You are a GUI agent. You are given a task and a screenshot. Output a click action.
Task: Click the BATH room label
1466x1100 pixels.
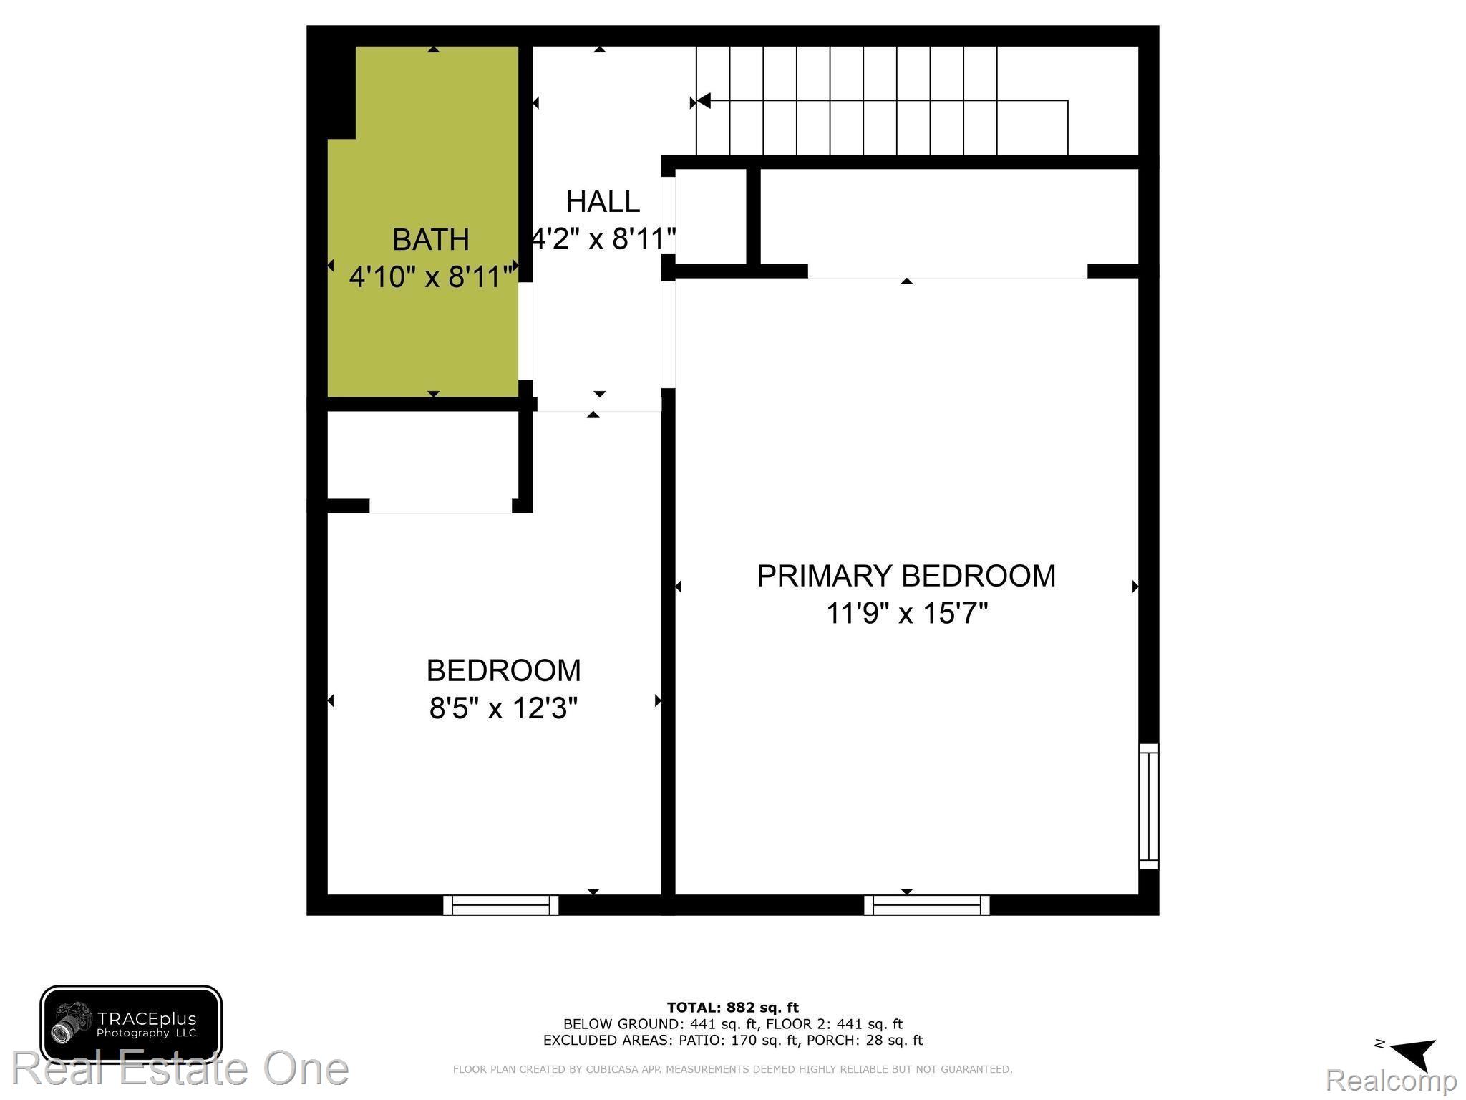point(430,239)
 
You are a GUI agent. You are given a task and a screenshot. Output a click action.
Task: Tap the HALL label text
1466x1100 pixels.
point(603,202)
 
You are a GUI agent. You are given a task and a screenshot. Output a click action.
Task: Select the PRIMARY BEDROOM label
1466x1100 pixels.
point(906,576)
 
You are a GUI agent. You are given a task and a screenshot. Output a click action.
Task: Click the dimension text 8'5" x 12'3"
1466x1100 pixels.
point(503,708)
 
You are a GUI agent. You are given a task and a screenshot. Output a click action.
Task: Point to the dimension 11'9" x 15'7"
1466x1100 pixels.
point(906,614)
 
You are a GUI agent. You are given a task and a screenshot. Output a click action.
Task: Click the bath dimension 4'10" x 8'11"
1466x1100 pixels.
point(432,276)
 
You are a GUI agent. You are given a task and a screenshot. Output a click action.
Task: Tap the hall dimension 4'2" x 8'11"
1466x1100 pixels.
point(603,239)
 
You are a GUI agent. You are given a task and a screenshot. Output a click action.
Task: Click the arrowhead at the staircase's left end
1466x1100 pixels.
point(702,101)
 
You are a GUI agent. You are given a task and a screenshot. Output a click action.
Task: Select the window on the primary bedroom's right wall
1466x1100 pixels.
point(1148,806)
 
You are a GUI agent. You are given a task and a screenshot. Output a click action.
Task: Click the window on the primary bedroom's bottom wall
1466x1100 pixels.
point(927,905)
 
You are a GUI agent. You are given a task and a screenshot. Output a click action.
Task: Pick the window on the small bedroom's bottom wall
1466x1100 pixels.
point(501,905)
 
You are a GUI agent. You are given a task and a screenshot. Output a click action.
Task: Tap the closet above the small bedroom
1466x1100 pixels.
point(422,455)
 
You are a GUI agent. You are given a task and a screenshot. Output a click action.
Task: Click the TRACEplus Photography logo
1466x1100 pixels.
point(131,1024)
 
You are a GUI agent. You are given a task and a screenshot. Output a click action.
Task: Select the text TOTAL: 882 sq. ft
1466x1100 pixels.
point(732,1008)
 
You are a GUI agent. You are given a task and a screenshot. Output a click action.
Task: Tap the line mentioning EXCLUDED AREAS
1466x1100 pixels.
point(732,1040)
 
